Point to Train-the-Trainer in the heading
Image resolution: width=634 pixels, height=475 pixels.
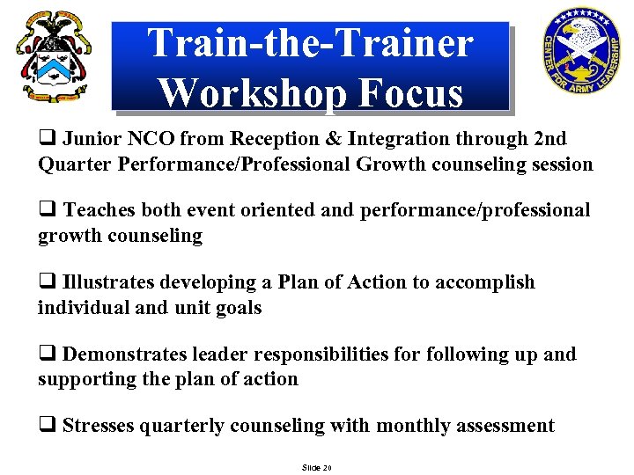point(311,43)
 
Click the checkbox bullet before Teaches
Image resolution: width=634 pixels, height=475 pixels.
point(47,211)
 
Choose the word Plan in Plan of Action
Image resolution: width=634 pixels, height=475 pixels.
point(296,282)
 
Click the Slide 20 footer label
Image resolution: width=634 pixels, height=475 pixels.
point(316,467)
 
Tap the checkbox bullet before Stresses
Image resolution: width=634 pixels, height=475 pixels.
point(47,427)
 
